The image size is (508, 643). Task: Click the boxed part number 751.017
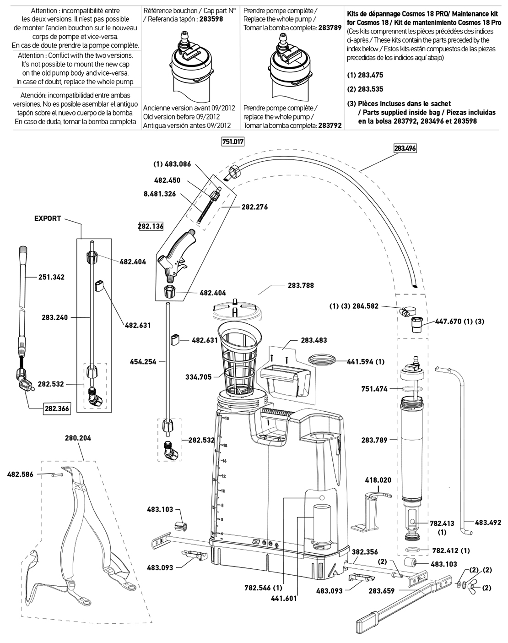pos(233,142)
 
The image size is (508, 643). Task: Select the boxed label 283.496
pos(405,148)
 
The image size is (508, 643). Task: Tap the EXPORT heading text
pos(48,218)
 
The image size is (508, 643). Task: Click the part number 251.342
pos(51,277)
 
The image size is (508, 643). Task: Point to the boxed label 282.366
pos(57,409)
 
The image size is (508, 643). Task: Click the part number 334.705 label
pos(199,377)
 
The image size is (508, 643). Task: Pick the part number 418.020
pos(378,480)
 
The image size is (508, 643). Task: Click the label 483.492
pos(488,522)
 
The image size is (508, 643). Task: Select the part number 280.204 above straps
pos(78,438)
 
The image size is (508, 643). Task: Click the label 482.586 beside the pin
pos(20,474)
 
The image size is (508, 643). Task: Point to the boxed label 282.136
pos(151,226)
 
